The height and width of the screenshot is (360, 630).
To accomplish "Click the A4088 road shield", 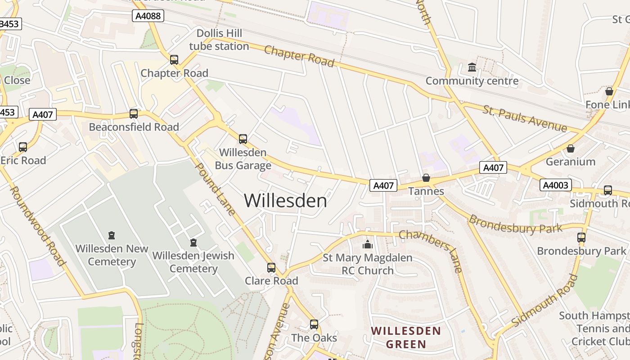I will point(148,16).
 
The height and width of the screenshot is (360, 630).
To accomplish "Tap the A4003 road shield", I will point(556,185).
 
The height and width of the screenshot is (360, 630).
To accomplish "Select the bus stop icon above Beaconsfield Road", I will point(133,114).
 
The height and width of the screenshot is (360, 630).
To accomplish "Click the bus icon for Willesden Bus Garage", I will point(243,139).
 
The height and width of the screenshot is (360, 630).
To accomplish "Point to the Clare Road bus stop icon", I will point(271,268).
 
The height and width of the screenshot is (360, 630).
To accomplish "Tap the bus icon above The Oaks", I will point(314,324).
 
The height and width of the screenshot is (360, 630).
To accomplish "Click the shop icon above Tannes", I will point(426,178).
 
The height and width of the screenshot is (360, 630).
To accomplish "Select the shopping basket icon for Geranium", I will point(571,148).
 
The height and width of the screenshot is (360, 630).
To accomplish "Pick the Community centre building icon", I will point(472,67).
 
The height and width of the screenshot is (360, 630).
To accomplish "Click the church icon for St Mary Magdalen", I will point(368,244).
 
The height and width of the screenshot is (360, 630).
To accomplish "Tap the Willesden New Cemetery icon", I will point(112,235).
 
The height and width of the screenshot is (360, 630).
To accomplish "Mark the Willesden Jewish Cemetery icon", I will point(193,243).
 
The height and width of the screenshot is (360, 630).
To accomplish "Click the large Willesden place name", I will point(286,201).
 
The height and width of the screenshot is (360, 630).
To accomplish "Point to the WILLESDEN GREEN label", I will point(406,337).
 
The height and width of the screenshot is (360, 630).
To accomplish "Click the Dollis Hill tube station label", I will point(219,40).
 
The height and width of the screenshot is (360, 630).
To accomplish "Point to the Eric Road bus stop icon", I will point(23,147).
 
